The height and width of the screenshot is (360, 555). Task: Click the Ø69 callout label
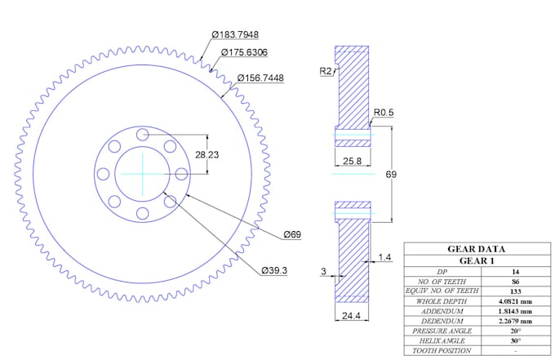[292, 235]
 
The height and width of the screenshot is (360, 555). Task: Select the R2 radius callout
[326, 72]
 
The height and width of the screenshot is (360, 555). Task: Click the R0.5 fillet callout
[384, 112]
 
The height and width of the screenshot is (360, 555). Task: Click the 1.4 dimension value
[386, 258]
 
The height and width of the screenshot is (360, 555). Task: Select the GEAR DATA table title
[476, 249]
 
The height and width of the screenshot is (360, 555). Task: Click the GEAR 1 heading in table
[476, 260]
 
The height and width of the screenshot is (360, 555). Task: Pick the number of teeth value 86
[515, 281]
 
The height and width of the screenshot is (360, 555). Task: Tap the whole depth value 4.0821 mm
[515, 301]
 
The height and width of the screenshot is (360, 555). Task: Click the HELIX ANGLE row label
[442, 341]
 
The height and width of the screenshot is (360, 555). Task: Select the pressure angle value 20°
[515, 331]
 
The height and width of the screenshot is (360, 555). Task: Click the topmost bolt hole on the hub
[142, 134]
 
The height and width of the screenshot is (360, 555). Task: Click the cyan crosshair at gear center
[142, 174]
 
